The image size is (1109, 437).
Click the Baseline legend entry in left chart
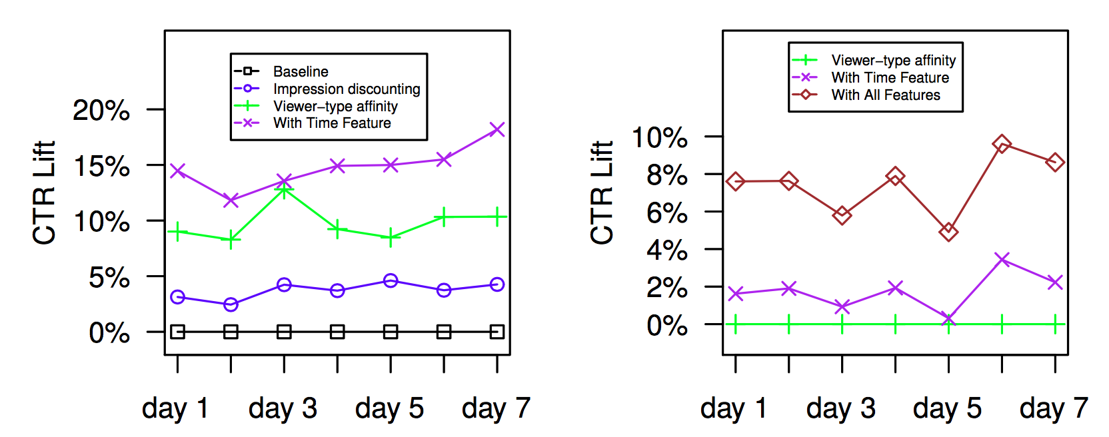tap(300, 71)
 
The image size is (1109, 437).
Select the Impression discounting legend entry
tap(346, 89)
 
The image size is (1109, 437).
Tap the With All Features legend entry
tap(885, 95)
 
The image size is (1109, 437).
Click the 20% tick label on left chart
tap(101, 110)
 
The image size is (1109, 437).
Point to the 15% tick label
tap(101, 166)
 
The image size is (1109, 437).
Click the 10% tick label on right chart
tap(659, 138)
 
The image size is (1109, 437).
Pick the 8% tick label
tap(666, 175)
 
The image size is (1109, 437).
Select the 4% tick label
tap(666, 250)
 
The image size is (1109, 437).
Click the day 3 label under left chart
tap(283, 408)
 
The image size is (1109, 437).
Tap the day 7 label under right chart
tap(1054, 408)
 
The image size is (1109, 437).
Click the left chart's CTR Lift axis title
tap(44, 193)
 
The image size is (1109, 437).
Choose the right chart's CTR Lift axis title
tap(602, 193)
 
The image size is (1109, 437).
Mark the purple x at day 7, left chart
tap(497, 129)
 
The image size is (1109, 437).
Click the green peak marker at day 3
tap(284, 191)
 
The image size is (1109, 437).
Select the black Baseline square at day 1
tap(177, 332)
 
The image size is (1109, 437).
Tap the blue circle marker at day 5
tap(391, 280)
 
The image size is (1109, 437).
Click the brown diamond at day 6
tap(1002, 143)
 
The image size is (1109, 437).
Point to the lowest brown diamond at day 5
tap(948, 232)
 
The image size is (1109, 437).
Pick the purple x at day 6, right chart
tap(1002, 259)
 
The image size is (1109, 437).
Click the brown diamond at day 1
tap(735, 181)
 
